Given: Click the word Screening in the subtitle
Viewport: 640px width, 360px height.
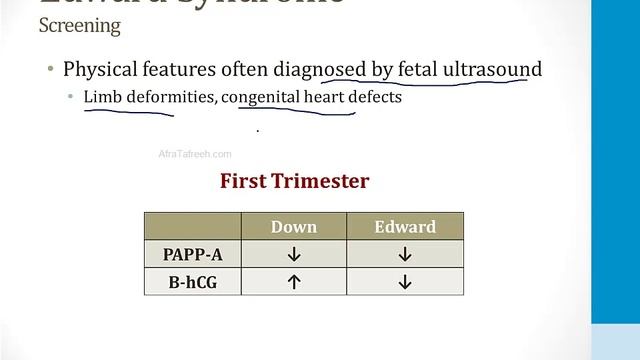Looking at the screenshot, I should [x=79, y=27].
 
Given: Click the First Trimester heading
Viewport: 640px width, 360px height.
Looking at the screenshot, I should [x=294, y=181].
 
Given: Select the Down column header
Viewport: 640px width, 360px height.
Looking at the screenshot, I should [x=294, y=227].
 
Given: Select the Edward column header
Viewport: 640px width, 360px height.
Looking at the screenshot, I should [x=405, y=227].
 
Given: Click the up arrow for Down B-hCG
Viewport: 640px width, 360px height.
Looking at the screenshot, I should [x=294, y=282].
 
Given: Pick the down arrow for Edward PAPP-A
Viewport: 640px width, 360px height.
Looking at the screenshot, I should [x=405, y=254].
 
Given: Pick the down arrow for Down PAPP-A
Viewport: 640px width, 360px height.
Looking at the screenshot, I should [x=294, y=254].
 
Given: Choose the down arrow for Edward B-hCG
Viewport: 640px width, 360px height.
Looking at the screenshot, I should [x=405, y=282].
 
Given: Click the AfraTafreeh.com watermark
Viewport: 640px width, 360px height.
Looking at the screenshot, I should [x=195, y=154].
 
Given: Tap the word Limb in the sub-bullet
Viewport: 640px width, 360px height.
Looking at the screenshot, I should [x=101, y=98].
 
